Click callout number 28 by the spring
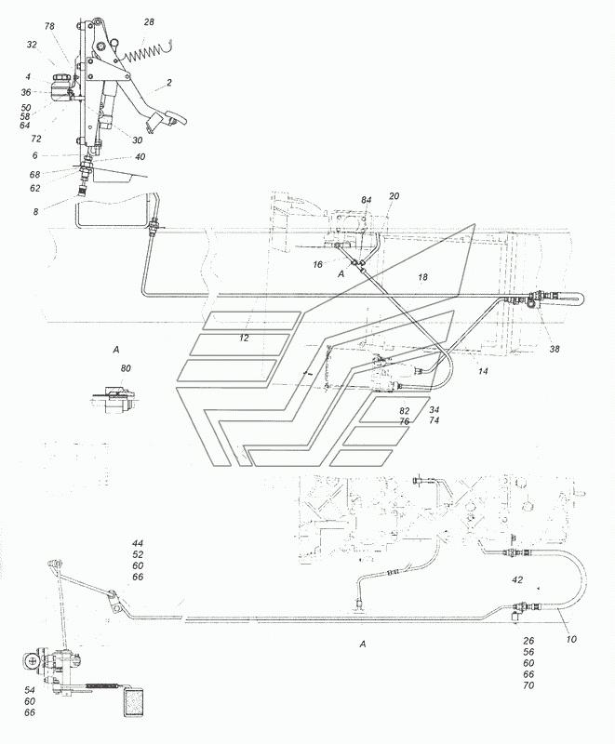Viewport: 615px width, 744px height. (149, 21)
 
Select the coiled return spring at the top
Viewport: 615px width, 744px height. (144, 54)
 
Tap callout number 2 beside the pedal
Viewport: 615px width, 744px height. (169, 83)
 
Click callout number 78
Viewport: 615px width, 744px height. (49, 27)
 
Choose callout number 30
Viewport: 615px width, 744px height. (137, 140)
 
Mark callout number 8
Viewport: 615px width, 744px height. (35, 212)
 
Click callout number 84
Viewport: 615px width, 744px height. (366, 200)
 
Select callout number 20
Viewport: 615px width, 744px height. (394, 195)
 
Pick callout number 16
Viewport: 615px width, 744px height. (317, 264)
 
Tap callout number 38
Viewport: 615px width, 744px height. (555, 349)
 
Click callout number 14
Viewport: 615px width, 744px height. (483, 371)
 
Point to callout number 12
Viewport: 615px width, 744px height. (244, 339)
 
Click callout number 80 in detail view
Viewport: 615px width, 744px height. (126, 368)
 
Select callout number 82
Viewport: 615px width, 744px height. (405, 411)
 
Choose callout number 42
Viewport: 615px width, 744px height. (517, 579)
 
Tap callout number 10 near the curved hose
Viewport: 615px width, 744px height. (571, 639)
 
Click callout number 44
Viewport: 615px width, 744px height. (138, 543)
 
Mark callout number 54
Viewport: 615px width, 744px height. (30, 690)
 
